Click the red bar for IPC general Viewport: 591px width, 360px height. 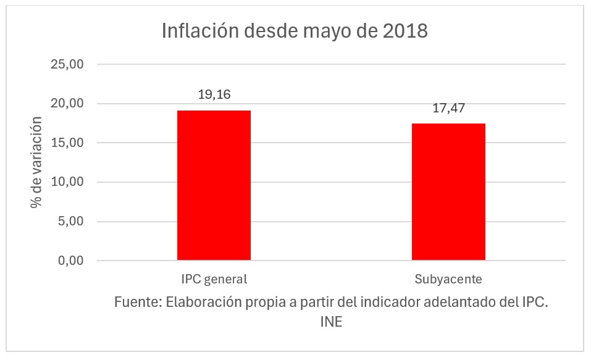click(x=214, y=185)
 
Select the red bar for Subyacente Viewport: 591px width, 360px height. click(x=448, y=191)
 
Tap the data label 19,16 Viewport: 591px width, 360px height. click(x=214, y=95)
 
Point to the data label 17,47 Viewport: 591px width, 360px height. click(x=448, y=109)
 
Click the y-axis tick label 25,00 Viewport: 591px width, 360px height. click(x=69, y=64)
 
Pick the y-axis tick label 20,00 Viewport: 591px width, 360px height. click(x=69, y=104)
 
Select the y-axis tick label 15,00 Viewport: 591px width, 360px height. click(x=69, y=143)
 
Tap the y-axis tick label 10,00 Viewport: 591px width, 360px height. click(x=69, y=182)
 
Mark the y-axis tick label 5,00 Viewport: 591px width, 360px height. click(x=72, y=221)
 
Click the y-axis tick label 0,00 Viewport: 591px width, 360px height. click(x=72, y=261)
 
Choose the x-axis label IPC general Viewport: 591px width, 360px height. click(x=214, y=279)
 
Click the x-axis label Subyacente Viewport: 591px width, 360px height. click(x=448, y=279)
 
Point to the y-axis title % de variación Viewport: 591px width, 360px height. click(x=38, y=162)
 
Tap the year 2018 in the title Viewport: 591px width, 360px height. click(x=404, y=31)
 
